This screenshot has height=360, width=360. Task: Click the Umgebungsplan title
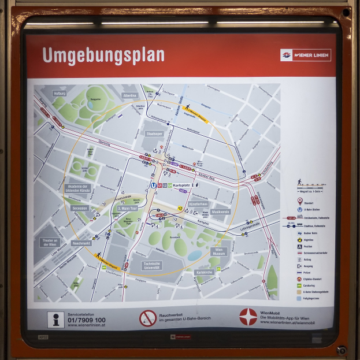tap(103, 55)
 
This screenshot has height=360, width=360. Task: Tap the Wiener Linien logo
tap(306, 55)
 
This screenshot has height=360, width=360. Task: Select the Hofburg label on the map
tap(60, 93)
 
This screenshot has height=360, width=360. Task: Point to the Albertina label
tap(130, 95)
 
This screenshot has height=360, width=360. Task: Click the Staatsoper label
tap(154, 133)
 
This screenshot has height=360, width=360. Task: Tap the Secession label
tap(80, 208)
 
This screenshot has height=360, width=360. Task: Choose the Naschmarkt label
tap(81, 243)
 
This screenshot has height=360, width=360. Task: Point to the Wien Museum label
tap(218, 252)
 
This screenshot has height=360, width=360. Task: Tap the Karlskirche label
tap(205, 272)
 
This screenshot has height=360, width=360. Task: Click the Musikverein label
tap(221, 212)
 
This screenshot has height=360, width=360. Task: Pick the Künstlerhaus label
tap(198, 204)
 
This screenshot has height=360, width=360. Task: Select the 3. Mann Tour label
tap(127, 208)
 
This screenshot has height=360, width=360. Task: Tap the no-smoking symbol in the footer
tap(148, 318)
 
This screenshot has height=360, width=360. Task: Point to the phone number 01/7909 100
tap(87, 320)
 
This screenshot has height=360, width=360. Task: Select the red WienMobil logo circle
tap(248, 317)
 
